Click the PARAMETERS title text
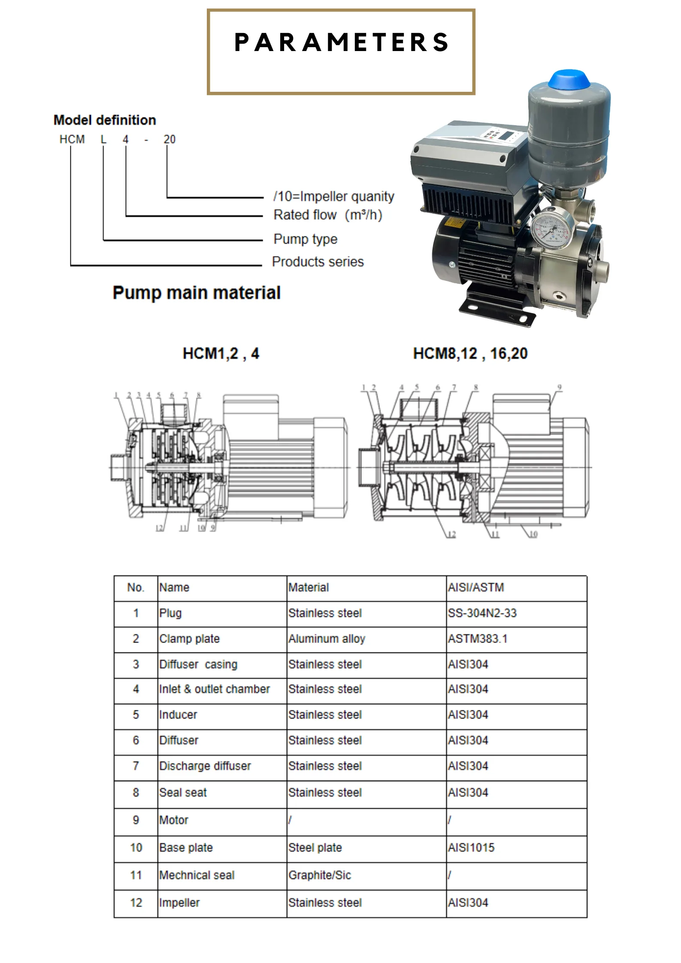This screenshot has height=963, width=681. tap(341, 42)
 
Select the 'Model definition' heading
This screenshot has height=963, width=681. tap(104, 120)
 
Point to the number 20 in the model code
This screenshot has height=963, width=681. tap(169, 139)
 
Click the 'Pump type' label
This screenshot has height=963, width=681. tap(306, 239)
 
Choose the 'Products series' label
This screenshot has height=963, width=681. tap(318, 262)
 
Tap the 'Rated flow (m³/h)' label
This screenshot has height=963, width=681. tap(328, 215)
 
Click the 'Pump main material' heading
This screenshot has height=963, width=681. tap(197, 293)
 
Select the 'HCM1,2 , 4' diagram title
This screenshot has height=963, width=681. tap(221, 353)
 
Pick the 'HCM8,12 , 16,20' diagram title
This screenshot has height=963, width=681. tap(470, 353)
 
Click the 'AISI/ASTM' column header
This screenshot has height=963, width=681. tap(476, 587)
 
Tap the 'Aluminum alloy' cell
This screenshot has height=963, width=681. tap(327, 639)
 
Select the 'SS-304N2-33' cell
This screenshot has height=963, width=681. tap(482, 613)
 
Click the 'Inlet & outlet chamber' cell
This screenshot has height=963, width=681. tap(215, 689)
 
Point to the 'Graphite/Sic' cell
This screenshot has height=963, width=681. tap(320, 875)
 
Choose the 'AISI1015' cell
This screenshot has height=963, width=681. tap(471, 848)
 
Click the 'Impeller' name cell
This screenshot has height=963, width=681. tap(179, 903)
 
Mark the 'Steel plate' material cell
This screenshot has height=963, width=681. tap(315, 848)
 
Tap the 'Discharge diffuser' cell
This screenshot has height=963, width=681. tap(205, 766)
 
